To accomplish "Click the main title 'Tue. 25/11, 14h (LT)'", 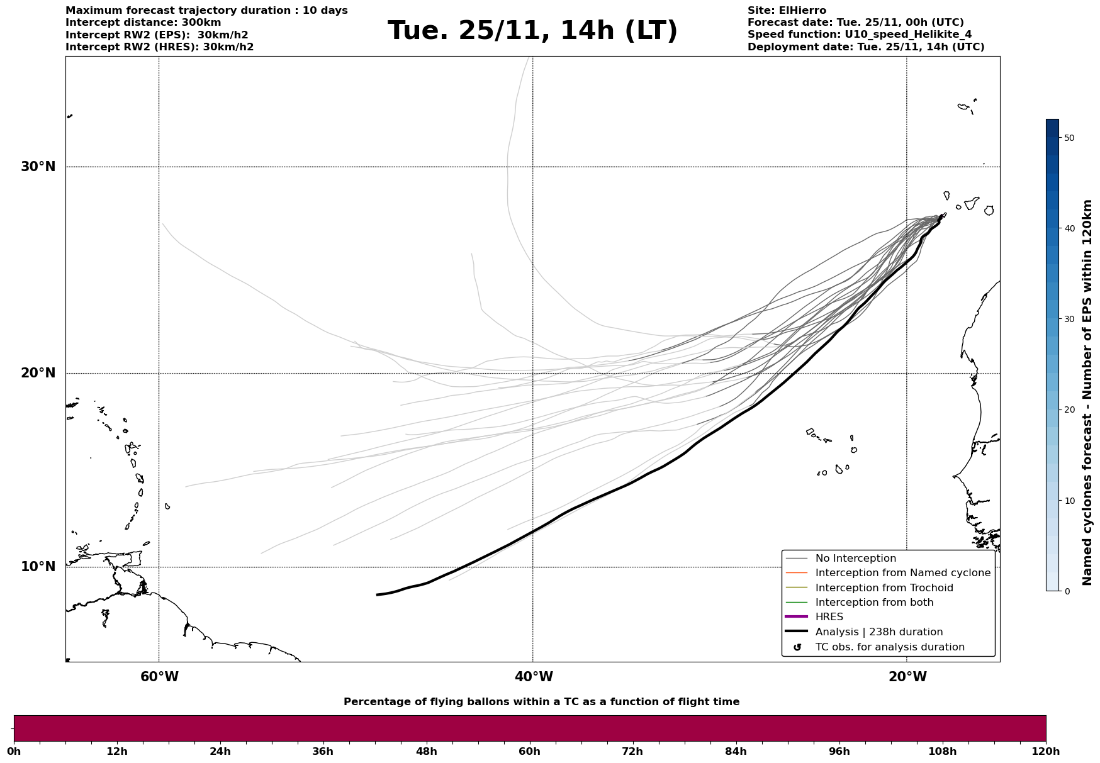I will [x=532, y=31].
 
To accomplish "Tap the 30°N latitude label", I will [x=38, y=167].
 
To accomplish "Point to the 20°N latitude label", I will [x=38, y=373].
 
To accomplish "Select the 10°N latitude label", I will [x=38, y=567].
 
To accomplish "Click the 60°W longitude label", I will [x=159, y=677].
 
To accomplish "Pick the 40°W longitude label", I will [x=534, y=677].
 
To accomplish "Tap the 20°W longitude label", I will [x=907, y=677].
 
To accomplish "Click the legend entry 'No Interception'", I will [x=855, y=559].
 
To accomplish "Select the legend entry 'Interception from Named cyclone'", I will [x=902, y=573].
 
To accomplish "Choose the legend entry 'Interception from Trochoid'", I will [x=884, y=588].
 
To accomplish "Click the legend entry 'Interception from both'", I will [x=874, y=603].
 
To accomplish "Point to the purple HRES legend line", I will [x=797, y=617].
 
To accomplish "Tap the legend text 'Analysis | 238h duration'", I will [x=878, y=632].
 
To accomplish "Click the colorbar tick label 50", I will [x=1069, y=138].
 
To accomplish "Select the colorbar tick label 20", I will [x=1069, y=410].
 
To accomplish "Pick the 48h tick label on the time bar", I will [x=426, y=752].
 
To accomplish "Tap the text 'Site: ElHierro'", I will [x=787, y=11].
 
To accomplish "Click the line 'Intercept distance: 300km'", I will [x=143, y=23].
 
